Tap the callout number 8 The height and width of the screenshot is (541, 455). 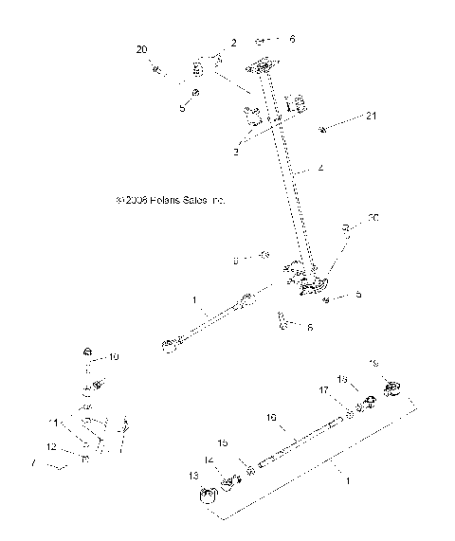click(236, 258)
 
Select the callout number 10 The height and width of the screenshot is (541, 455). click(114, 357)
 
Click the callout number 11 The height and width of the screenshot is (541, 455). click(54, 422)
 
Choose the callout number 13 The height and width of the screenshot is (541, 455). click(193, 475)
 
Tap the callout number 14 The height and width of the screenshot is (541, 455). click(209, 460)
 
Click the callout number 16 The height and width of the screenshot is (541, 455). click(271, 417)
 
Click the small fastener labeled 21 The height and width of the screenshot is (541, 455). click(325, 128)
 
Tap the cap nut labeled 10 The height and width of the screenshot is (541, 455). click(86, 348)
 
